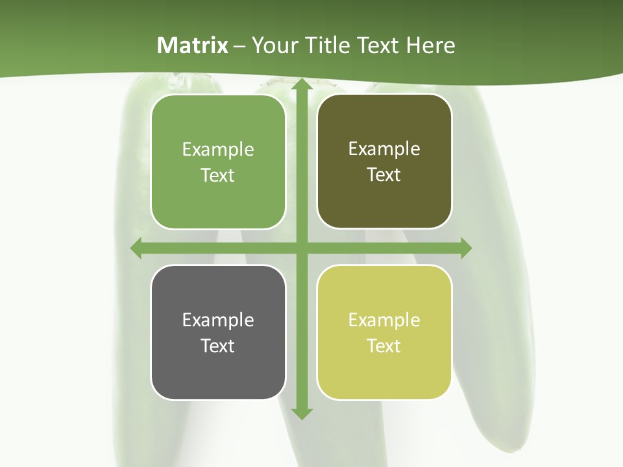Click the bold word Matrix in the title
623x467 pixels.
(193, 45)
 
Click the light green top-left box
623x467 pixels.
(218, 162)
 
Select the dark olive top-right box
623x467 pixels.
(384, 162)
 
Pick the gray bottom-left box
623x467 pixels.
(218, 332)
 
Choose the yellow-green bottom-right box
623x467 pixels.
(384, 332)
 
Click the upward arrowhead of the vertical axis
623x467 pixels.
(301, 84)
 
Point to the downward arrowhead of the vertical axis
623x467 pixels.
(301, 413)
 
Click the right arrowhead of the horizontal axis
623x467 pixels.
(465, 248)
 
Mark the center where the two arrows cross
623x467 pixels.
(301, 248)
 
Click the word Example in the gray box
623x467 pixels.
(218, 320)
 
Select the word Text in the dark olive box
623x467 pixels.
(384, 175)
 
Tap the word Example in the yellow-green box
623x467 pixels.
(384, 320)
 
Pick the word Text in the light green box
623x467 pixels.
(218, 176)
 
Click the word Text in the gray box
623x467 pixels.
(218, 346)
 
